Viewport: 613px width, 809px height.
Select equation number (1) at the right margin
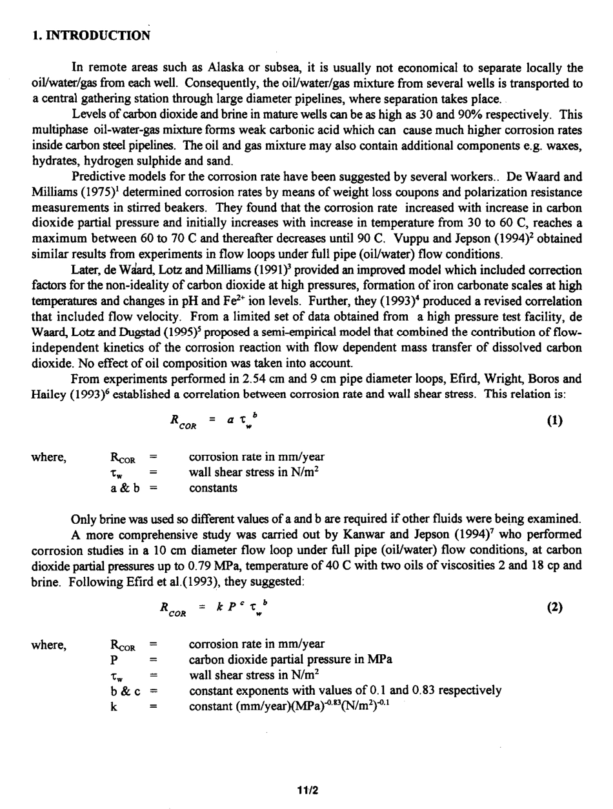[554, 421]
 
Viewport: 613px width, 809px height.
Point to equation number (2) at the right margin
[554, 607]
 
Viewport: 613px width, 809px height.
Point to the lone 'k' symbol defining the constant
[114, 705]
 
